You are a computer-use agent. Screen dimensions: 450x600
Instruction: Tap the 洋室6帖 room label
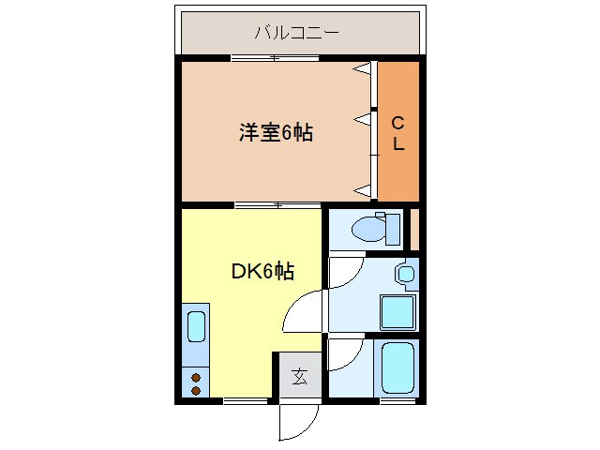click(275, 132)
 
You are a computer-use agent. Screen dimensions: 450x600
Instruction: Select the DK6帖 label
click(262, 272)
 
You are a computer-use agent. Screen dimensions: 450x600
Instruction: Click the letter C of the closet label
click(397, 121)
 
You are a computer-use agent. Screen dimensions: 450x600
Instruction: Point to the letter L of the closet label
click(397, 144)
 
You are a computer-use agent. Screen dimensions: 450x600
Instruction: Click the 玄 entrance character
click(299, 377)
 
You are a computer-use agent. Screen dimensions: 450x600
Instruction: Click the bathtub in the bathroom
click(397, 368)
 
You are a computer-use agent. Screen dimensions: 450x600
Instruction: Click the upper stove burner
click(196, 377)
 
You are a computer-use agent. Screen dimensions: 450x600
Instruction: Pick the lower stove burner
click(196, 389)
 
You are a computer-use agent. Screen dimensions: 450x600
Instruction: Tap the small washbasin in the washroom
click(404, 275)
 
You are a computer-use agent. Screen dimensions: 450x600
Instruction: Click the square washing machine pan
click(397, 310)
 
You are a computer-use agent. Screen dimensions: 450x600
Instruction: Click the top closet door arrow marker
click(361, 69)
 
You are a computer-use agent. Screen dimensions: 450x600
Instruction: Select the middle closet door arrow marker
click(361, 118)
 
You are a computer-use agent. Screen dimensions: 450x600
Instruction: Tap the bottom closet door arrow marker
click(361, 190)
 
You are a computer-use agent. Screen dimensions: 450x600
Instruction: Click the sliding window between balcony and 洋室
click(275, 59)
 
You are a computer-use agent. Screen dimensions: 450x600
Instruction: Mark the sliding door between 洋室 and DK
click(277, 203)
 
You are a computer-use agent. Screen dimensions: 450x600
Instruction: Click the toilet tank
click(393, 228)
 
